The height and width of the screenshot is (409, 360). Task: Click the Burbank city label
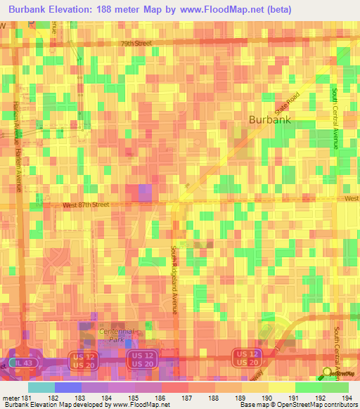pyautogui.click(x=270, y=119)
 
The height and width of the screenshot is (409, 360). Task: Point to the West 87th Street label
pyautogui.click(x=86, y=204)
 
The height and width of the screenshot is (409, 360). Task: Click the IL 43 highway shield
pyautogui.click(x=25, y=361)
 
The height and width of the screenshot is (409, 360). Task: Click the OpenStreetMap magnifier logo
pyautogui.click(x=328, y=372)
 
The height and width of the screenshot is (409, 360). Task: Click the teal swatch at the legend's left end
pyautogui.click(x=41, y=387)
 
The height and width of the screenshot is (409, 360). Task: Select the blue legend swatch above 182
pyautogui.click(x=67, y=387)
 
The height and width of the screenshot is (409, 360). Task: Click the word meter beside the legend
pyautogui.click(x=10, y=398)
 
